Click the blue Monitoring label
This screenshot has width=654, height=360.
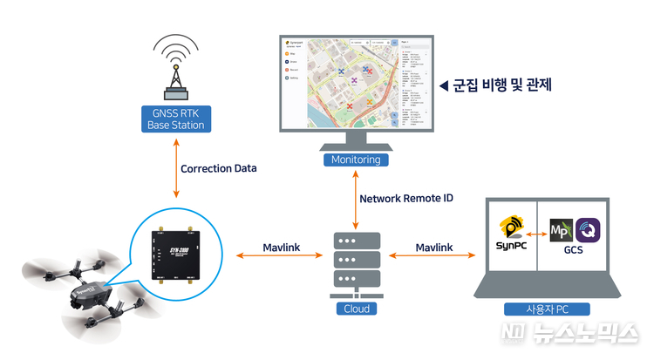pos(356,160)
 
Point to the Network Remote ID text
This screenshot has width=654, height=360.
pos(406,198)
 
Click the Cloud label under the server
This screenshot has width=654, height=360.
pos(356,308)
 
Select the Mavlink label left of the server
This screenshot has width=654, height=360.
pos(281,248)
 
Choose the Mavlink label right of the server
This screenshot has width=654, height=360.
pos(433,248)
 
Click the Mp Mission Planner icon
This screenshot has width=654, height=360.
pos(562,232)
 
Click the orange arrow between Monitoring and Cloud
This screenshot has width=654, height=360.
pos(356,198)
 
